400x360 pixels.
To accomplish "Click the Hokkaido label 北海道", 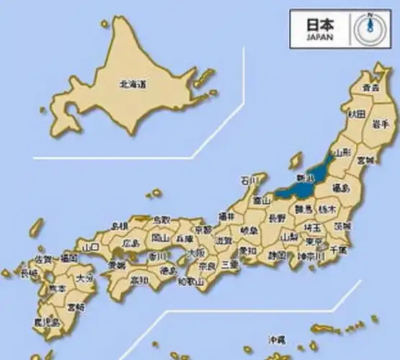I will [x=132, y=84].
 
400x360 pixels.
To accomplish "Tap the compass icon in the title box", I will [x=369, y=27].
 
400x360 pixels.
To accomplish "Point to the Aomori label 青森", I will [x=371, y=88].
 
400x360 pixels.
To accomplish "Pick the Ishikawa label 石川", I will [x=248, y=180].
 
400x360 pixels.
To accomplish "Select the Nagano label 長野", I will [x=277, y=217].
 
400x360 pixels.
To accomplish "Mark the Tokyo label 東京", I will [x=314, y=242].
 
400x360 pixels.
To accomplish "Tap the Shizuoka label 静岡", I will [x=276, y=255].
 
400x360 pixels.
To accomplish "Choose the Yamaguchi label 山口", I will [x=91, y=246].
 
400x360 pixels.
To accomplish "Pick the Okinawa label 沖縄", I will [x=277, y=339].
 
